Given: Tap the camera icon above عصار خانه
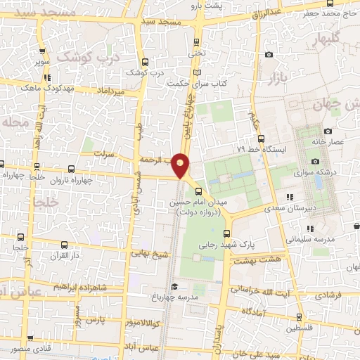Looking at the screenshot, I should [328, 131].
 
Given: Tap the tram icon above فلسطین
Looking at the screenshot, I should [300, 316].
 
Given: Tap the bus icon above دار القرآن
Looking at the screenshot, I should [64, 245].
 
